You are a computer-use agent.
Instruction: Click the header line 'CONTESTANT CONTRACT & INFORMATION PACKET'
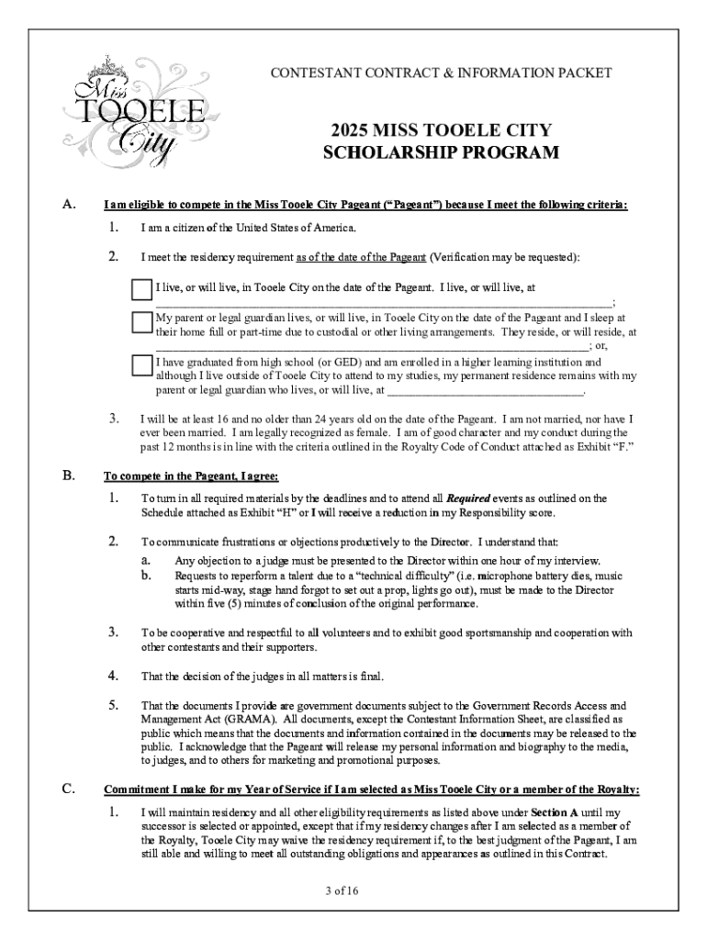click(440, 73)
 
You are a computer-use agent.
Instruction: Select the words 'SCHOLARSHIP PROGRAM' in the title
click(441, 152)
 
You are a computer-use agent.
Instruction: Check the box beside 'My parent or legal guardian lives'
click(140, 322)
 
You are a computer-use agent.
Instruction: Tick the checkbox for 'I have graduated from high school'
click(140, 364)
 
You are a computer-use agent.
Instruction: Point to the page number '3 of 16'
click(353, 891)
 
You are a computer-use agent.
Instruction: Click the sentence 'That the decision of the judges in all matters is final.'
click(261, 677)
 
